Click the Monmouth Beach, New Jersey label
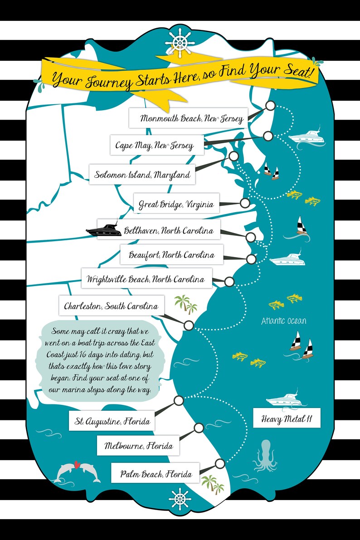pyautogui.click(x=188, y=118)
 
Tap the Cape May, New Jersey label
pyautogui.click(x=155, y=146)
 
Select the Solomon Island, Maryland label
pyautogui.click(x=142, y=174)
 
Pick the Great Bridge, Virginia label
pyautogui.click(x=176, y=204)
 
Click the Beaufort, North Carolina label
pyautogui.click(x=171, y=254)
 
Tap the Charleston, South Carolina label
pyautogui.click(x=111, y=306)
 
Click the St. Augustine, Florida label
pyautogui.click(x=112, y=421)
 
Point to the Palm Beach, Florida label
pyautogui.click(x=156, y=474)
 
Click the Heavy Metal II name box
pyautogui.click(x=287, y=418)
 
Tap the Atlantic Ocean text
pyautogui.click(x=283, y=321)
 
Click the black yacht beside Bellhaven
pyautogui.click(x=102, y=229)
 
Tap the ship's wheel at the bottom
pyautogui.click(x=180, y=500)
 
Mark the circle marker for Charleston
pyautogui.click(x=189, y=325)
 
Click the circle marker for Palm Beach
pyautogui.click(x=220, y=463)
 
